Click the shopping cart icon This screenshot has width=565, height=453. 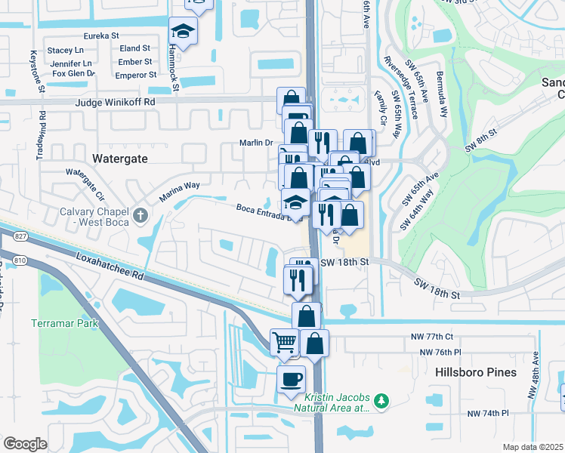[284, 342]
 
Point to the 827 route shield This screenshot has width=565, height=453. [20, 237]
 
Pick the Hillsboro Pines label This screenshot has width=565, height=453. [476, 372]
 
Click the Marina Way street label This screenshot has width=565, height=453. [179, 190]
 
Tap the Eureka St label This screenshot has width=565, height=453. [102, 35]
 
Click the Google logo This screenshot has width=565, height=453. [25, 444]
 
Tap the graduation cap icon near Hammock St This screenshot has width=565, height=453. [182, 31]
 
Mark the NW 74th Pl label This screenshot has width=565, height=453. [488, 414]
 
